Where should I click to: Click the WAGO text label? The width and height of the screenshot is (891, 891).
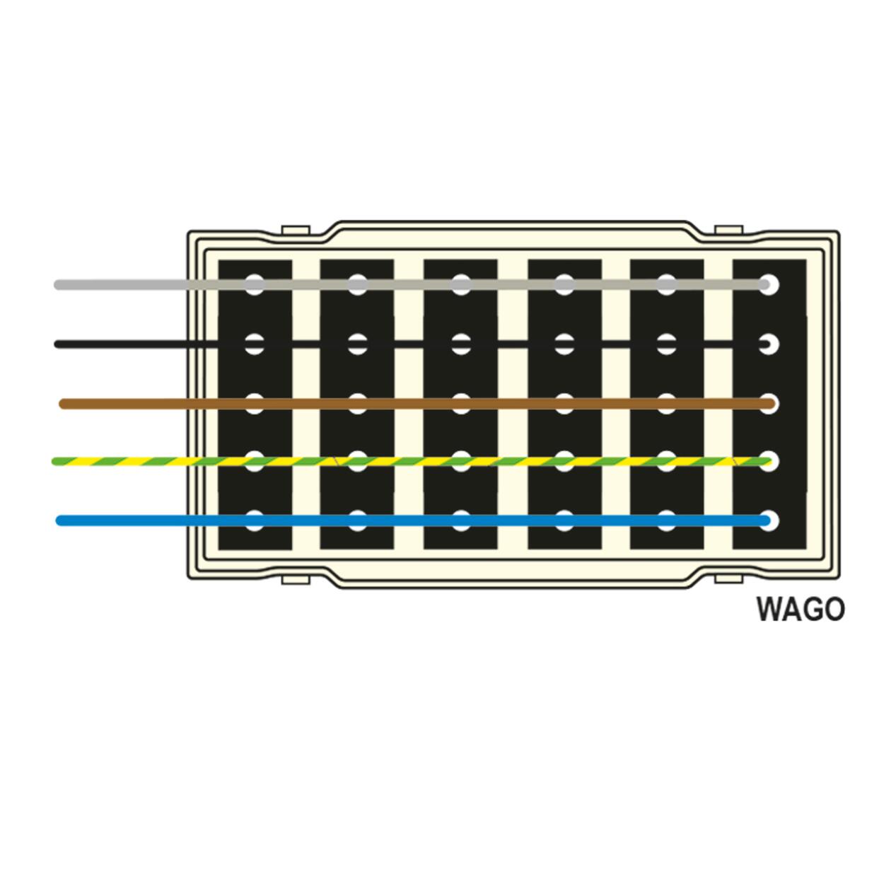point(800,610)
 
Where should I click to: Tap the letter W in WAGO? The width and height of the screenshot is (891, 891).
point(769,610)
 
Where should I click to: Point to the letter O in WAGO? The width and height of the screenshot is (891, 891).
point(834,610)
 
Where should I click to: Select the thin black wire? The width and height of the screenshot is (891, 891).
point(412,344)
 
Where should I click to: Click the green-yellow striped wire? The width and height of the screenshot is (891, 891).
point(412,461)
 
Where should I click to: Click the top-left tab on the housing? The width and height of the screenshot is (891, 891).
point(296,230)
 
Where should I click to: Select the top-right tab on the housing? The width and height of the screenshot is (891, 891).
point(728,230)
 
